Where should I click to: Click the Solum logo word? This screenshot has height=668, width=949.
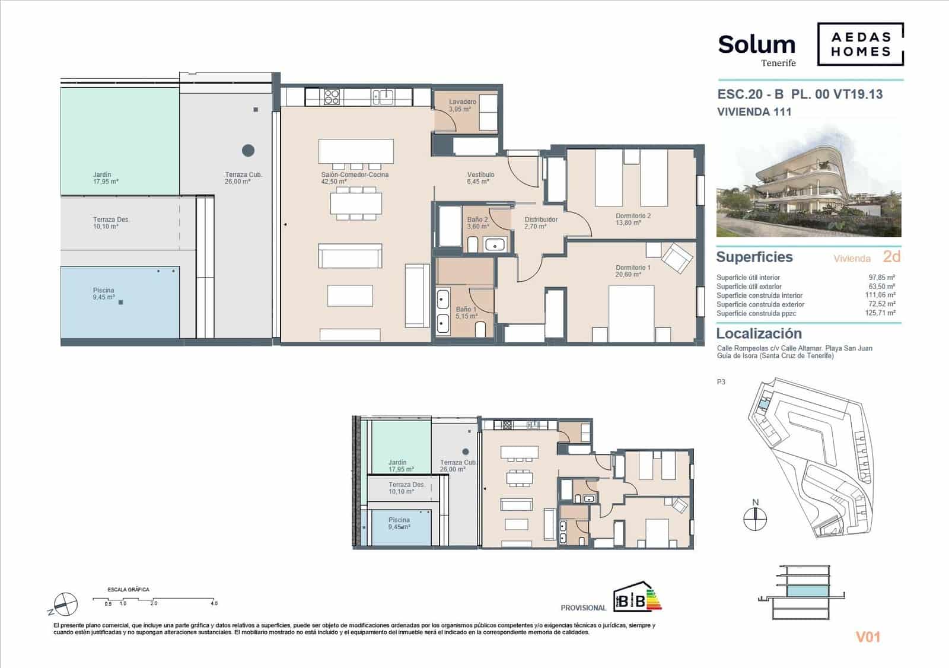click(x=756, y=44)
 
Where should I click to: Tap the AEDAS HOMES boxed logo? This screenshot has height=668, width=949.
click(x=861, y=44)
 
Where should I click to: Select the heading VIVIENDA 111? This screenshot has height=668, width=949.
click(x=754, y=112)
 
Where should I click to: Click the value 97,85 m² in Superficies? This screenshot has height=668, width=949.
click(x=881, y=277)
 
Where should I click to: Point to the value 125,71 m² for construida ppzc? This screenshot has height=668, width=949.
click(x=881, y=313)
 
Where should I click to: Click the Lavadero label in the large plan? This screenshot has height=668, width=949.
click(x=462, y=102)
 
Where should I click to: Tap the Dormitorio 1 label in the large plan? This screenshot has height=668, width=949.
click(x=632, y=268)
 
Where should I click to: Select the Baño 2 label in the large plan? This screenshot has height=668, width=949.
click(x=477, y=220)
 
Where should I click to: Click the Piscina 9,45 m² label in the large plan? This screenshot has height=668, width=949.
click(x=104, y=294)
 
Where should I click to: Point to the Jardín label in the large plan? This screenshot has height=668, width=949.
click(x=102, y=175)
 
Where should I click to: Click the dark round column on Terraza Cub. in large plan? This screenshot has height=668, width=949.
click(x=249, y=150)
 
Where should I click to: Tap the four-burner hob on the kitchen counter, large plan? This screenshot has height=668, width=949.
click(x=332, y=97)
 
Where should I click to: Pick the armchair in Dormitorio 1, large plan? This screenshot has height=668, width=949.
click(x=677, y=259)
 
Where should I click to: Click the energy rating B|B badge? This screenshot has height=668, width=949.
click(x=637, y=597)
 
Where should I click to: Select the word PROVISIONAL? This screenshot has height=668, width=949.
click(x=583, y=608)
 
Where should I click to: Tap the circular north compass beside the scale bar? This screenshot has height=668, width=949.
click(x=66, y=605)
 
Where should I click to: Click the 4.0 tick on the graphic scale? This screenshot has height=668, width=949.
click(x=214, y=603)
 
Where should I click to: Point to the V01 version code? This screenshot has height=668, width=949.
click(x=868, y=637)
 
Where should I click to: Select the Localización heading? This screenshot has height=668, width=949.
click(x=759, y=333)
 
